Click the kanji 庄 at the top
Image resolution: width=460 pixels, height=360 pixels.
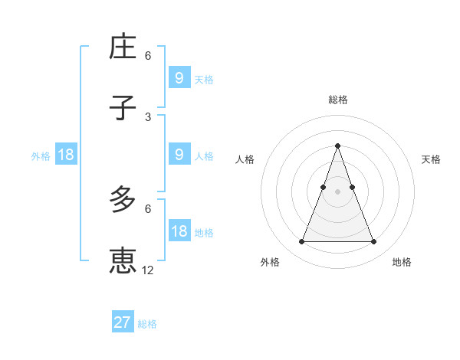[x=123, y=47]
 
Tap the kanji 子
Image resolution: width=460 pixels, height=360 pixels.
[x=123, y=108]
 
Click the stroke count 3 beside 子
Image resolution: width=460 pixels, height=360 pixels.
[x=147, y=116]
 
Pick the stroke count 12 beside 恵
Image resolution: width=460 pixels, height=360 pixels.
[x=148, y=270]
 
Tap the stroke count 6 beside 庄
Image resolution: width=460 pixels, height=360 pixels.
[x=147, y=56]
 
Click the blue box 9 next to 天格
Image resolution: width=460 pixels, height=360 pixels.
[x=179, y=77]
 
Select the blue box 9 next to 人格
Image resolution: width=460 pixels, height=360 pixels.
[x=179, y=155]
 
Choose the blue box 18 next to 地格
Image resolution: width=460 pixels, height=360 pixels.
[x=179, y=231]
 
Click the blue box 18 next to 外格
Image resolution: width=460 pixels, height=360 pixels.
[x=65, y=155]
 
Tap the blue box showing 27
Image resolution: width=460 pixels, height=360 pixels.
[x=122, y=322]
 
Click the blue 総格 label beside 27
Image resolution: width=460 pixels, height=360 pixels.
[x=147, y=324]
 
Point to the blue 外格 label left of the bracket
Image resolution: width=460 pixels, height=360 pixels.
[x=41, y=156]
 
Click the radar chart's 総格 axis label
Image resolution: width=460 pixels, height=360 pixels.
[x=337, y=100]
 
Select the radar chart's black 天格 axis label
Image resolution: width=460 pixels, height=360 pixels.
[x=432, y=159]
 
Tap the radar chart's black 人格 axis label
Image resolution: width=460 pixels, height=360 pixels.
[x=245, y=159]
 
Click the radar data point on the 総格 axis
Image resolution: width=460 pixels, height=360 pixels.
[x=337, y=146]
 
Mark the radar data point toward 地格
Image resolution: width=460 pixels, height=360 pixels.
[x=374, y=242]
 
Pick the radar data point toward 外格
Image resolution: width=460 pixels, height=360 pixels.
[x=301, y=242]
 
